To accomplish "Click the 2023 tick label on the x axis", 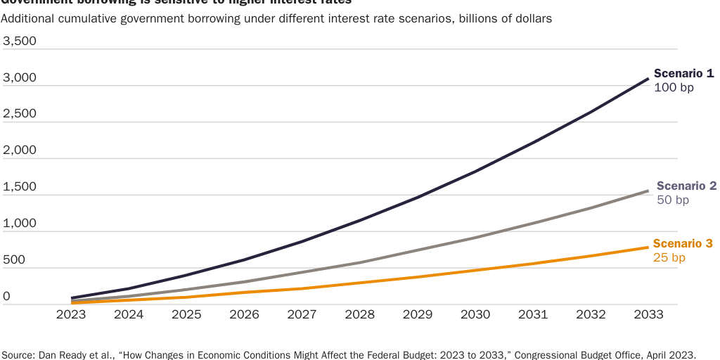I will click(x=71, y=314).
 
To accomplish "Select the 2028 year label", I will click(x=360, y=314).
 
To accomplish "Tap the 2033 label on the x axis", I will click(x=648, y=314).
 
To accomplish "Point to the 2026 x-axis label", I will click(x=244, y=314).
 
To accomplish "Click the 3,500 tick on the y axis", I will click(x=20, y=41).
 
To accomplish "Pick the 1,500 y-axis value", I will click(x=20, y=187).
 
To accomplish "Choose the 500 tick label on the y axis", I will click(x=15, y=260).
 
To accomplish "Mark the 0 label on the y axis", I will click(x=7, y=297).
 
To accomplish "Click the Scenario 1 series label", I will click(x=683, y=73).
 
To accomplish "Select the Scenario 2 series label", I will click(x=686, y=186).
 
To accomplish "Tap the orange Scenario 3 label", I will click(x=683, y=244).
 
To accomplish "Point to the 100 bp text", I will click(x=674, y=88).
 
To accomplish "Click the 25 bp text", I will click(x=669, y=258).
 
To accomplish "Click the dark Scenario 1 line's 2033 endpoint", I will click(x=648, y=79).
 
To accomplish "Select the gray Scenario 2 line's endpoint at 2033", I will click(x=648, y=191).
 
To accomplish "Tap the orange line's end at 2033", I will click(x=648, y=247).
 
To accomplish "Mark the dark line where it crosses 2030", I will click(x=475, y=171).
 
